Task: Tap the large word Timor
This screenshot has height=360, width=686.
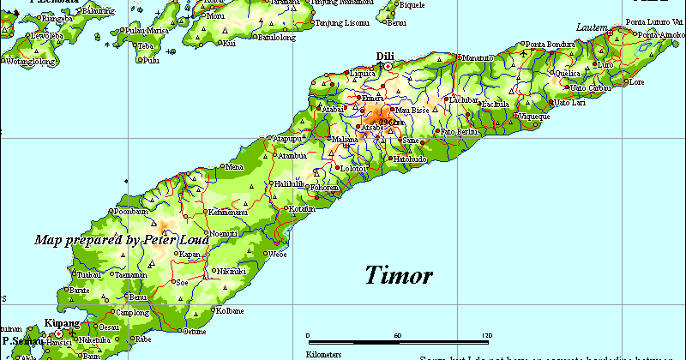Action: tap(399, 276)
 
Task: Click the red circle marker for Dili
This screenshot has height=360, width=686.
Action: tap(388, 66)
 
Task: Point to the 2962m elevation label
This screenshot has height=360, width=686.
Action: tap(390, 122)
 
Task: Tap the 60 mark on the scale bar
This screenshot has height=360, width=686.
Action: tap(397, 335)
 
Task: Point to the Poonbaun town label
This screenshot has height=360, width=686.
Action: tap(132, 211)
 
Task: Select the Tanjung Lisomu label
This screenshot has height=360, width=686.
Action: tap(343, 23)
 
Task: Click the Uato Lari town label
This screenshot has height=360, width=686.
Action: tap(573, 103)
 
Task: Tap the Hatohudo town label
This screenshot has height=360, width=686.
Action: tap(411, 159)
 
